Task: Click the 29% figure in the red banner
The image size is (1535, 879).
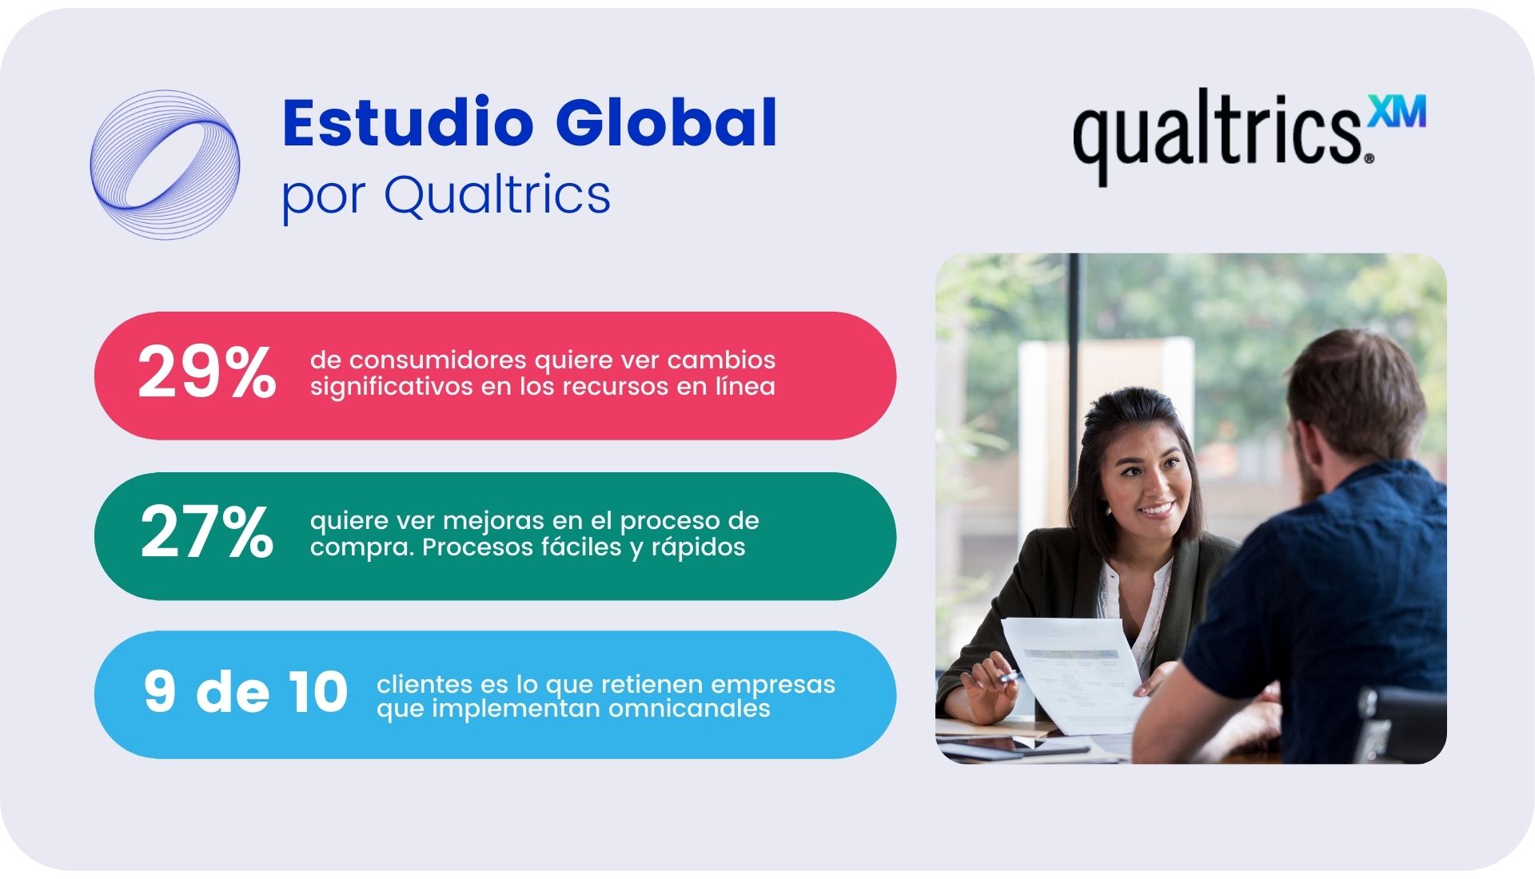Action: coord(207,372)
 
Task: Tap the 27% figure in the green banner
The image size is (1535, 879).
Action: coord(207,532)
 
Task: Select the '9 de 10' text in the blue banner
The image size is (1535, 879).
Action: coord(245,691)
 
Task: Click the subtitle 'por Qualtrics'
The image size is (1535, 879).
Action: coord(446,196)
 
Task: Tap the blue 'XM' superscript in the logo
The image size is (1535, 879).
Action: coord(1397,111)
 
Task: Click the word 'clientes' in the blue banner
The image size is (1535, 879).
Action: coord(425,684)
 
